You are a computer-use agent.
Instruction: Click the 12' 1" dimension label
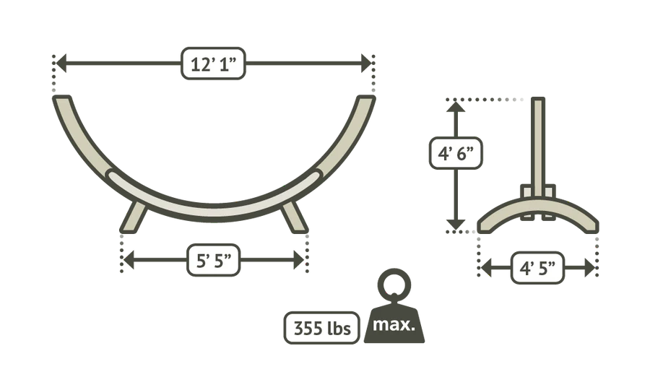coord(214,64)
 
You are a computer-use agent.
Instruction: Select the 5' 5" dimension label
coord(214,260)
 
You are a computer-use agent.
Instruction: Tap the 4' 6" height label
coord(456,153)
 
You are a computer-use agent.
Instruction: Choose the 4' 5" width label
coord(537,268)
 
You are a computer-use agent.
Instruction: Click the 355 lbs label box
coord(321,328)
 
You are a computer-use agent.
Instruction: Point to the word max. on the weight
coord(394,324)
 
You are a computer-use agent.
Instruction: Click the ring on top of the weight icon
coord(394,285)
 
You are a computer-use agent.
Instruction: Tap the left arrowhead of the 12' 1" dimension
coord(61,64)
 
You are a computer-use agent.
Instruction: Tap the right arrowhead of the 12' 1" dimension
coord(366,64)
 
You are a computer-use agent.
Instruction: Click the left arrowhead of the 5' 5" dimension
coord(129,260)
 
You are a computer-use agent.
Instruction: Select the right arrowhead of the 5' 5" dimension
coord(299,260)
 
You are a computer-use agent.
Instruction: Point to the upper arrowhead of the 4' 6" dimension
coord(456,107)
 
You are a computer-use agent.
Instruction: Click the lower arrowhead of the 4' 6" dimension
coord(456,224)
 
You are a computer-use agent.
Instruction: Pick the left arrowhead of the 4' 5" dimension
coord(486,268)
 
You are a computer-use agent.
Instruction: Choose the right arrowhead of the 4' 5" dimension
coord(589,268)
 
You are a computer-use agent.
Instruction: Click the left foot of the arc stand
coord(134,217)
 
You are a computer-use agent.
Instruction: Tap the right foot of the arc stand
coord(294,217)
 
